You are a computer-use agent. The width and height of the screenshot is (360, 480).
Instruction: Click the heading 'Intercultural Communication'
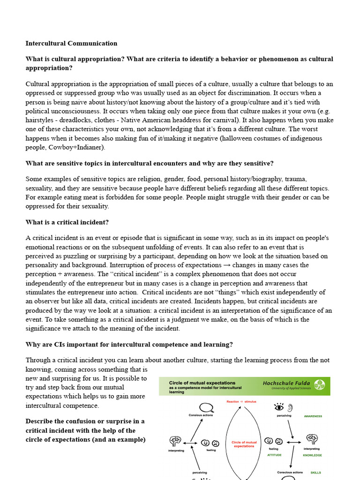click(x=71, y=43)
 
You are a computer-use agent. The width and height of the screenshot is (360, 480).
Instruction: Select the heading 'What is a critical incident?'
click(x=67, y=222)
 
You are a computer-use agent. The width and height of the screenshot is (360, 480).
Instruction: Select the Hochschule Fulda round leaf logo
click(x=319, y=385)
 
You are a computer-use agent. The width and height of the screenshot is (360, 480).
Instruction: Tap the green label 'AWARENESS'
click(x=313, y=416)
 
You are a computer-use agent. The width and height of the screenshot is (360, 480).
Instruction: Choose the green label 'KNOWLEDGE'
click(x=312, y=455)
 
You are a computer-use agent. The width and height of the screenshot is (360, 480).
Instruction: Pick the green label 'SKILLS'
click(x=315, y=472)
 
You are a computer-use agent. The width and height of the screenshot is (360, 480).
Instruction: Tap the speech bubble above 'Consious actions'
click(x=206, y=407)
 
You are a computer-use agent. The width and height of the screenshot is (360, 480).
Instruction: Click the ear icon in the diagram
click(x=291, y=406)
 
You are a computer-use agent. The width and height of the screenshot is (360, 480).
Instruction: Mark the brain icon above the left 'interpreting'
click(x=176, y=441)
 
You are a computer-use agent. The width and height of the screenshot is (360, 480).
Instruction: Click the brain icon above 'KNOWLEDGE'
click(x=312, y=439)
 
